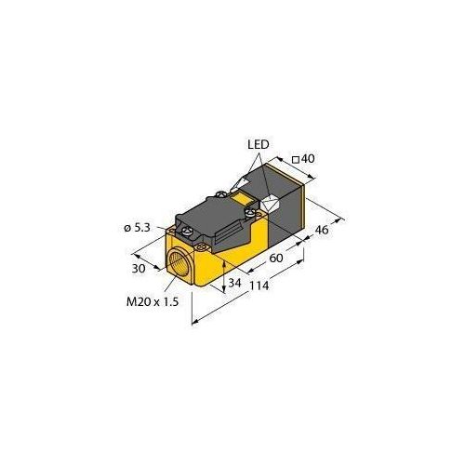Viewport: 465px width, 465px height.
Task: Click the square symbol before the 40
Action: pyautogui.click(x=295, y=161)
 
